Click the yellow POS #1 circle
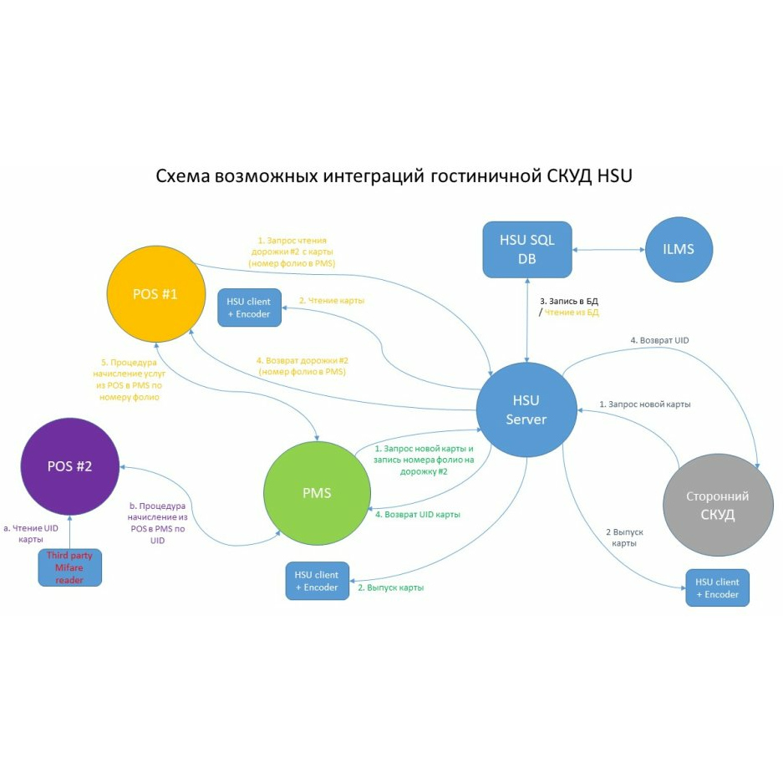(156, 294)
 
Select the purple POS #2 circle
(69, 466)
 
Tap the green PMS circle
(317, 493)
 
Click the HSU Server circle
(526, 409)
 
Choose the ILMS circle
(679, 249)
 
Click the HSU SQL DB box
(527, 249)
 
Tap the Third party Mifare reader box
(70, 567)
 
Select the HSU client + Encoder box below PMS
(317, 581)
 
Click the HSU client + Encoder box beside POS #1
(249, 307)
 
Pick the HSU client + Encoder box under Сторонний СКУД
(717, 587)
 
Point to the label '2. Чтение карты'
(332, 301)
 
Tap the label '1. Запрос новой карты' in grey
(645, 404)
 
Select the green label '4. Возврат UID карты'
(418, 515)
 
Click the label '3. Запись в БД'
(569, 301)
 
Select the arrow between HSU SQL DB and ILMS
(608, 249)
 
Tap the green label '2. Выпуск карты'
(391, 587)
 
